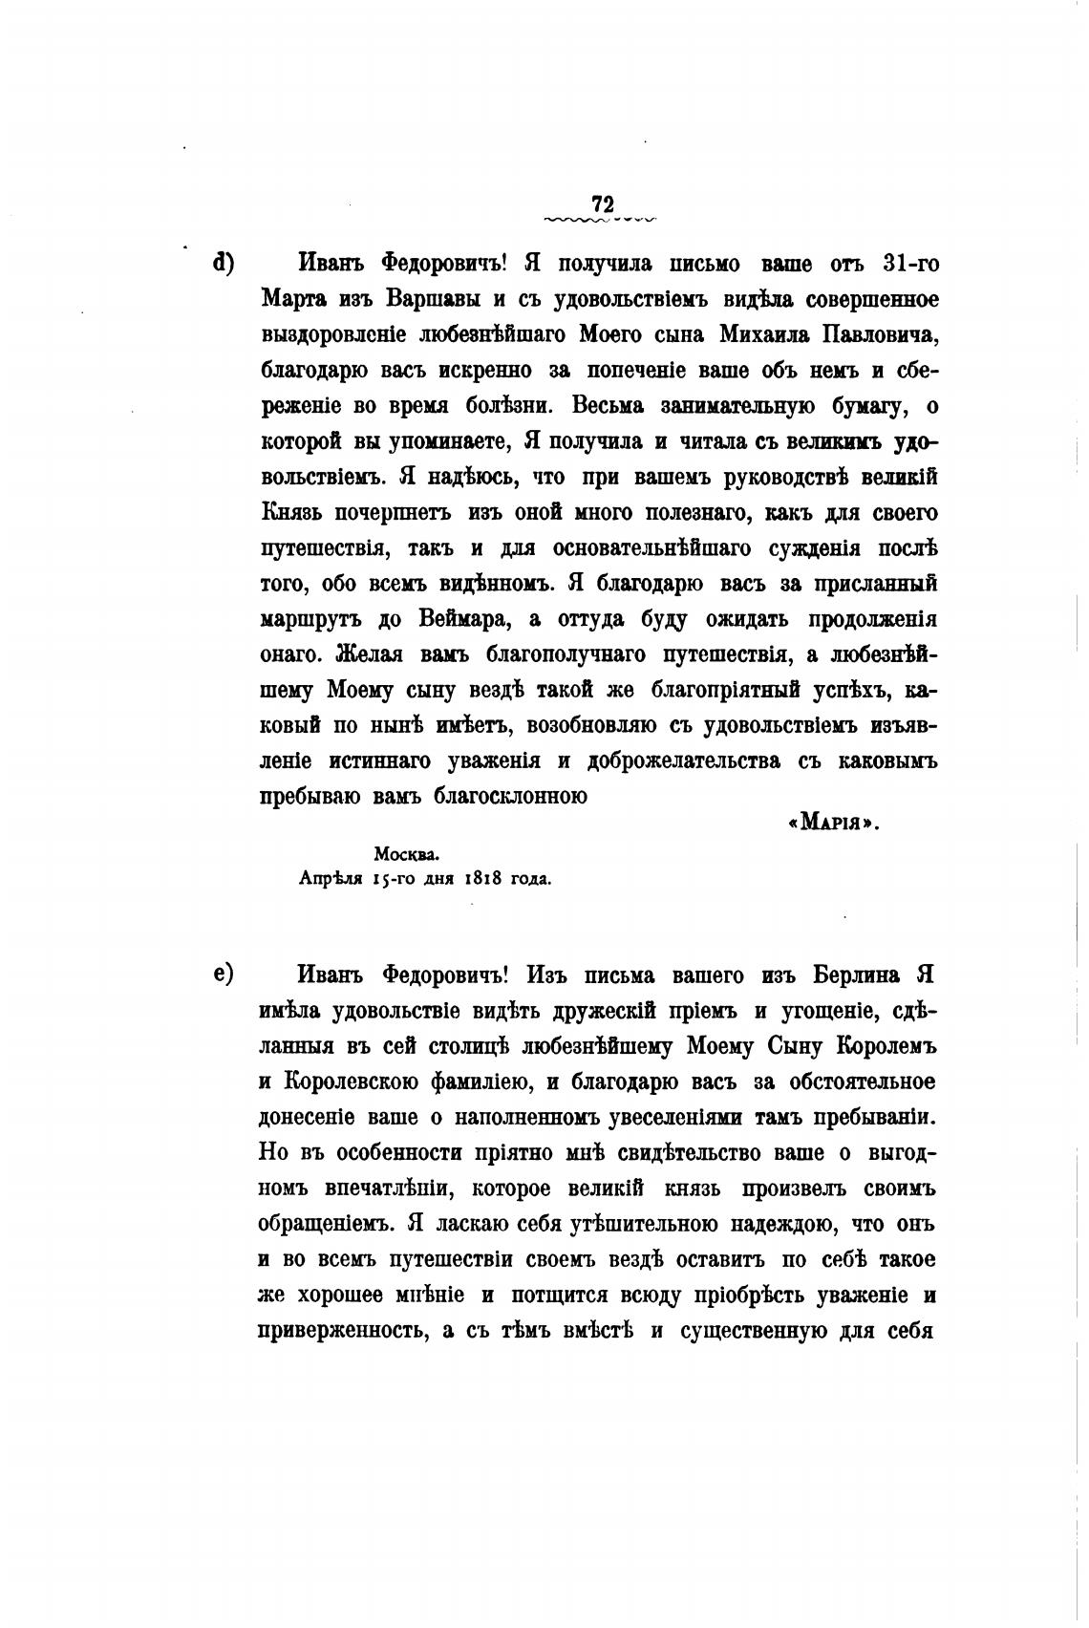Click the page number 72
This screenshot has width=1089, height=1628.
[602, 204]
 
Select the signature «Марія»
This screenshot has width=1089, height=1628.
[832, 824]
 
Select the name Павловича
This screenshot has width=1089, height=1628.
[871, 334]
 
